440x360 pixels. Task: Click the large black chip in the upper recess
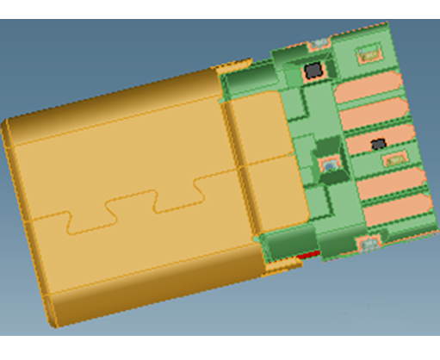tap(313, 70)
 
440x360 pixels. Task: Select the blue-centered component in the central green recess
tap(329, 164)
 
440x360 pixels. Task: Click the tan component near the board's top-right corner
tap(366, 53)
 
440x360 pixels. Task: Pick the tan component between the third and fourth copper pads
tap(392, 161)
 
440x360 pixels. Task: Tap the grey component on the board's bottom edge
tap(368, 245)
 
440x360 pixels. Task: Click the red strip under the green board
tap(307, 255)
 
